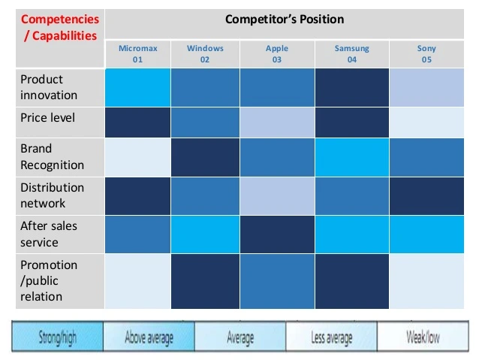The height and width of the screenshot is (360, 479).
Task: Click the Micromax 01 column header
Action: pyautogui.click(x=137, y=53)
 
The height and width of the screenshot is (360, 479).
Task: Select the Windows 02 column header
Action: pyautogui.click(x=205, y=53)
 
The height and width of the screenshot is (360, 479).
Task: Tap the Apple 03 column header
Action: pyautogui.click(x=276, y=53)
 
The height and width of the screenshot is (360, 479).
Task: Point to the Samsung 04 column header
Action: pyautogui.click(x=351, y=53)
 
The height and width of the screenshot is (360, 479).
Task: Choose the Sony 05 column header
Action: pyautogui.click(x=426, y=53)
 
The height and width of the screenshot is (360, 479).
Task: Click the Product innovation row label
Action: pyautogui.click(x=50, y=87)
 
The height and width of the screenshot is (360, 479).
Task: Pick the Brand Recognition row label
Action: pyautogui.click(x=53, y=156)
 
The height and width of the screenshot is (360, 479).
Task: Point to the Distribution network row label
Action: pyautogui.click(x=53, y=195)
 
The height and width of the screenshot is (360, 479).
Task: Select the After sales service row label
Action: pyautogui.click(x=50, y=234)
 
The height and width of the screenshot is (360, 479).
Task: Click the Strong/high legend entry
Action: pyautogui.click(x=58, y=337)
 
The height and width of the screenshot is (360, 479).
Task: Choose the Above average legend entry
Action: pyautogui.click(x=149, y=337)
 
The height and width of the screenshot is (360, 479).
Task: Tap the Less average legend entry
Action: pyautogui.click(x=331, y=337)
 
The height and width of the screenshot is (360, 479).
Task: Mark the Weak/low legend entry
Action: pyautogui.click(x=423, y=337)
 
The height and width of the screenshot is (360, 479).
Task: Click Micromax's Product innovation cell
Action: pyautogui.click(x=137, y=87)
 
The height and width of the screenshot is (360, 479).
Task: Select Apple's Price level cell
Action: pyautogui.click(x=276, y=122)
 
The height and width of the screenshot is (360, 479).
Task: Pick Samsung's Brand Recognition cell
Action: pyautogui.click(x=351, y=156)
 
